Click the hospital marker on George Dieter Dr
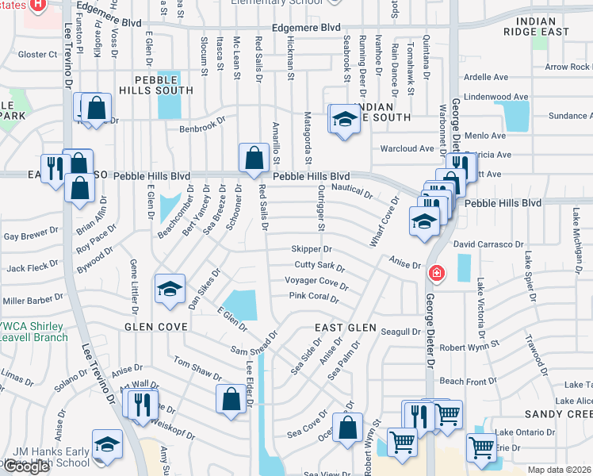tap(435, 274)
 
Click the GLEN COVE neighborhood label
tap(155, 327)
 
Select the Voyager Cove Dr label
tap(316, 282)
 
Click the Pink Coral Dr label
tap(313, 298)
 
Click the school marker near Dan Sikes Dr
tap(170, 290)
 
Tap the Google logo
tap(25, 466)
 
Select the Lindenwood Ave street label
tap(496, 97)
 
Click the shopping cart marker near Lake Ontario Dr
tap(482, 447)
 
